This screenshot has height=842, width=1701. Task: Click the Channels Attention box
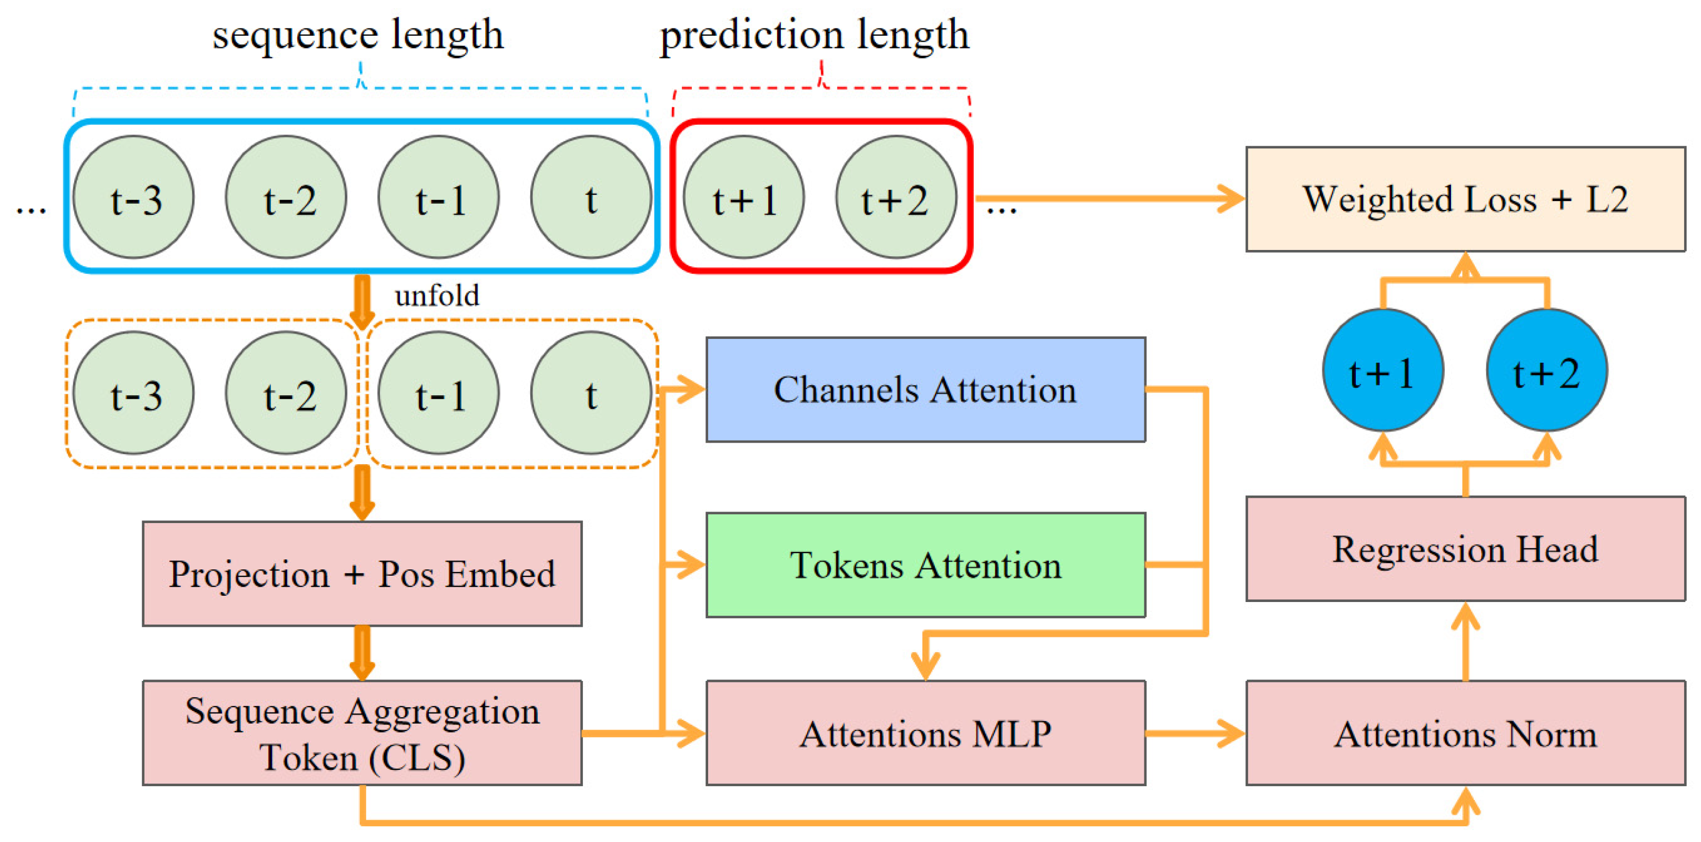pos(925,389)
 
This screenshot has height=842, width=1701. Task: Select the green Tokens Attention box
pos(925,565)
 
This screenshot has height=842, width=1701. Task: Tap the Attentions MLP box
pos(925,733)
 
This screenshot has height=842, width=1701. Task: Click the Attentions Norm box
pos(1465,733)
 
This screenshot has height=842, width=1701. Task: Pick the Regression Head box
pos(1465,549)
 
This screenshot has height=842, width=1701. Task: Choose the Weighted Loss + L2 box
pos(1465,199)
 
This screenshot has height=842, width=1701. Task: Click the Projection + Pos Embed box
pos(362,573)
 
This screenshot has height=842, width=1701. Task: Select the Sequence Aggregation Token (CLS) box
pos(362,733)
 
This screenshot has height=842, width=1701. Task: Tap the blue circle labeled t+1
pos(1383,370)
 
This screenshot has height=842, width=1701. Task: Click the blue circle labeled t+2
pos(1546,370)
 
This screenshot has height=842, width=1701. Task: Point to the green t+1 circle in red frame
pos(743,197)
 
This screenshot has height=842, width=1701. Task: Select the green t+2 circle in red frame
pos(896,197)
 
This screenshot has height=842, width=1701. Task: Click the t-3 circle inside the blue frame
pos(134,197)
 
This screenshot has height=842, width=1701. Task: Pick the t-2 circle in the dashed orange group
pos(286,393)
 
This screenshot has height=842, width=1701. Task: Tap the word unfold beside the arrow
pos(437,296)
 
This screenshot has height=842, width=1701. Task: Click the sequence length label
pos(357,34)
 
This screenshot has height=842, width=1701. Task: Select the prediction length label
pos(814,34)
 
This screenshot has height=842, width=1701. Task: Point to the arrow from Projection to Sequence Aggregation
pos(362,653)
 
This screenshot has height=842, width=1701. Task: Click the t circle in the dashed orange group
pos(591,393)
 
